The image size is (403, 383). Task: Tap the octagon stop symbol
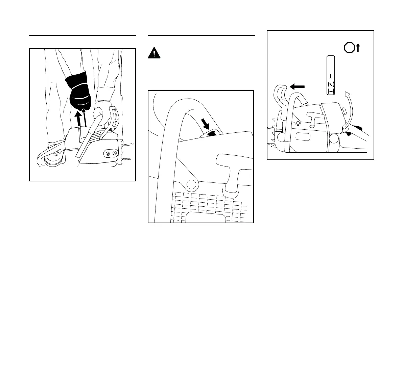[x=349, y=48]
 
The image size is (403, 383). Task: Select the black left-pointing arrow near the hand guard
[x=297, y=87]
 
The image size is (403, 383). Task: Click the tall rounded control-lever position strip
[x=331, y=75]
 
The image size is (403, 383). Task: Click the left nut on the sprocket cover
[x=108, y=153]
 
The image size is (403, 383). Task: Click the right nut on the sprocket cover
[x=115, y=153]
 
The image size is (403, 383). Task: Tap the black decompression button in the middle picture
[x=212, y=133]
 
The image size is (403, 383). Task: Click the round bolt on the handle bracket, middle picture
[x=191, y=184]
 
